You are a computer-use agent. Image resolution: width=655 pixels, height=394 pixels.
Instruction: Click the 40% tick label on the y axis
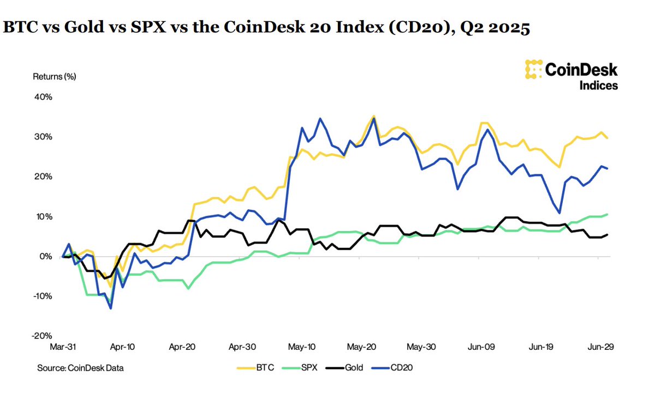(43, 97)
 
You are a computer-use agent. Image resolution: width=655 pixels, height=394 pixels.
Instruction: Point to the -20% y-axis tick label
(42, 336)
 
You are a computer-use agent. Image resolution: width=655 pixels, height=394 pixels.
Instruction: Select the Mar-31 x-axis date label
(64, 346)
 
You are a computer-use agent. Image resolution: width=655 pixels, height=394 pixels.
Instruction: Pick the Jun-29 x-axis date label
(599, 346)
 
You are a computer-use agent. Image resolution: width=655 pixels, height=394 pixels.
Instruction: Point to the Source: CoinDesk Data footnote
(80, 368)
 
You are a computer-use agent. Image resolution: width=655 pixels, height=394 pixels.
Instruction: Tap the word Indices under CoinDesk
(598, 85)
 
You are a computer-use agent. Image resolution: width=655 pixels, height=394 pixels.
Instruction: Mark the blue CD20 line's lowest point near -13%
(111, 308)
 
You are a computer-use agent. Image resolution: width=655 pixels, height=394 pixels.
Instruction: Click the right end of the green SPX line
(608, 214)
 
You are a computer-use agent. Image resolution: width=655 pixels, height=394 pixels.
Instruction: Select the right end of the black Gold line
(608, 234)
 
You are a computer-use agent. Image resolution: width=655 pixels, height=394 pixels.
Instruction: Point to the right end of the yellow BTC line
(608, 138)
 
